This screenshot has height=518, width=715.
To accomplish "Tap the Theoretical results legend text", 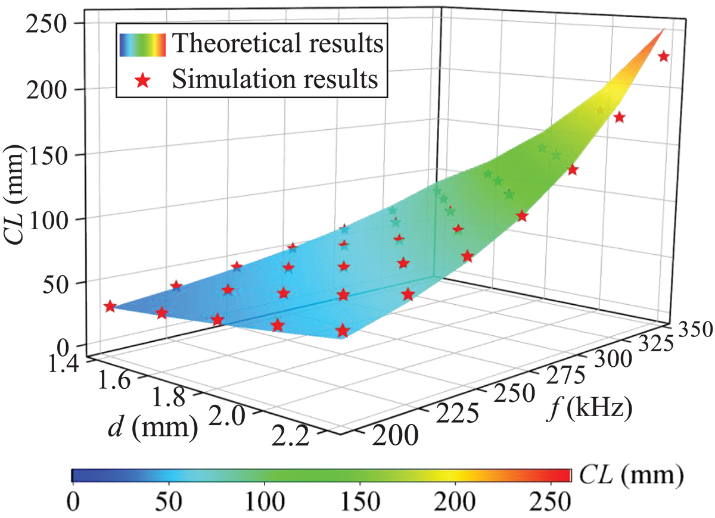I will [x=277, y=43].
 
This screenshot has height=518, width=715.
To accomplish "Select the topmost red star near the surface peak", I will [x=664, y=57].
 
